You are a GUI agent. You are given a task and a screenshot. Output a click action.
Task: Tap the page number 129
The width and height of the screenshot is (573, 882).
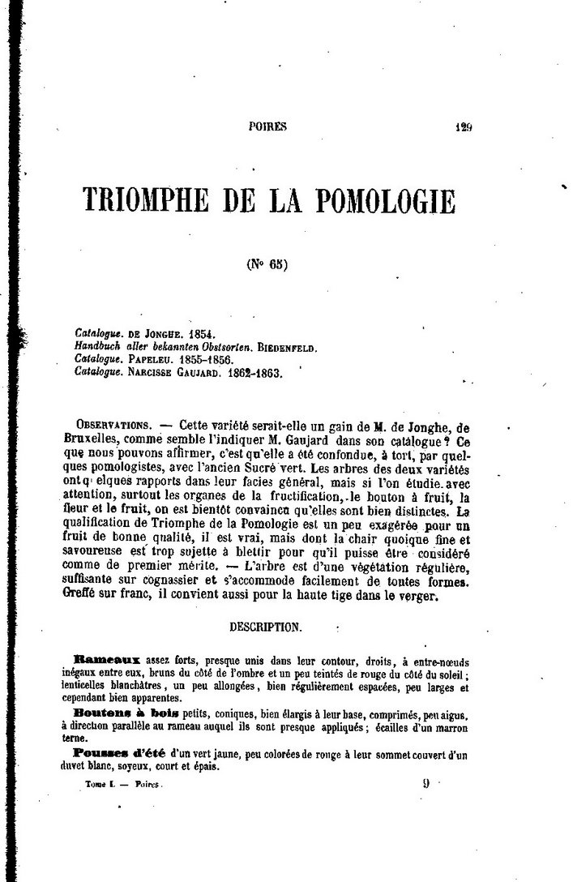(x=463, y=126)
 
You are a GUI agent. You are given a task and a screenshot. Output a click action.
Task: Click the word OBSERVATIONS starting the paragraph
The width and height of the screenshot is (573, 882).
(x=111, y=425)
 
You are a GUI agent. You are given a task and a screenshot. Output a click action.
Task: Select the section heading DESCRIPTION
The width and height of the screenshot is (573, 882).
(x=266, y=627)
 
